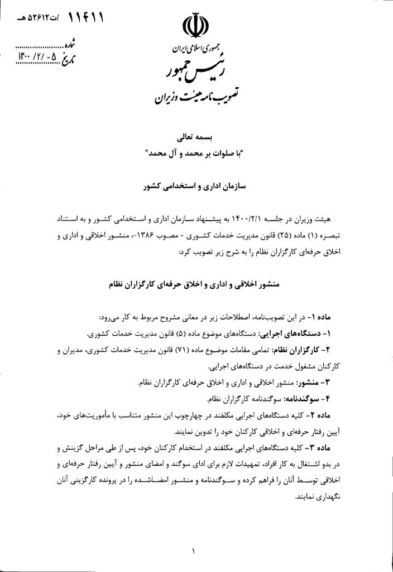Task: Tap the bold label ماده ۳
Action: (325, 449)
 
